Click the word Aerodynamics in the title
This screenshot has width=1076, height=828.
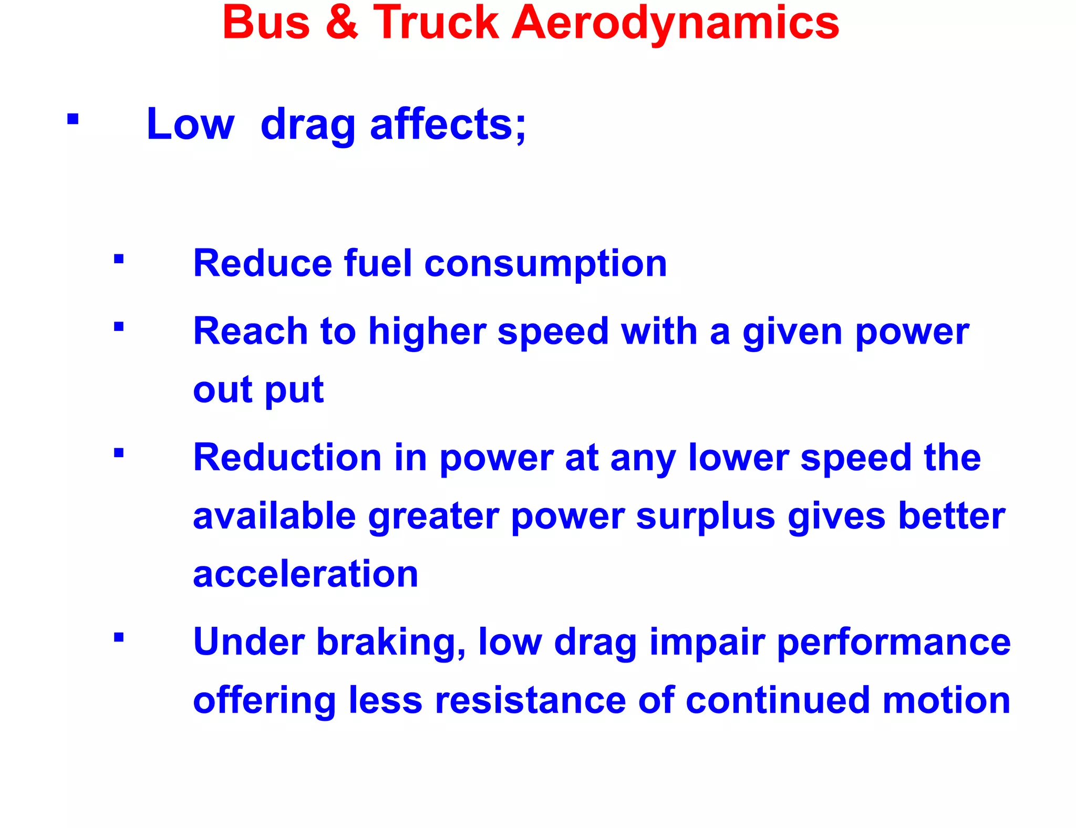[x=676, y=23]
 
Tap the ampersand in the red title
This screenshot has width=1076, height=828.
[x=342, y=23]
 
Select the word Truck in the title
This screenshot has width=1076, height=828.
[x=436, y=23]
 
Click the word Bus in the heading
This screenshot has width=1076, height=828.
[x=266, y=23]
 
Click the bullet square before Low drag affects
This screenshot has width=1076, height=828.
[x=73, y=119]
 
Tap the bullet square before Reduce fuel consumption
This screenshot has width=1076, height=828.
[x=119, y=258]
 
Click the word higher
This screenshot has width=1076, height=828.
[x=427, y=332]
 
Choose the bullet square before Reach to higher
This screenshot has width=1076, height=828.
[x=119, y=327]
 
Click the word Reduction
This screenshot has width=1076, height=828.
[x=287, y=457]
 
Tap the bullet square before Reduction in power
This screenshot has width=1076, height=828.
[x=119, y=453]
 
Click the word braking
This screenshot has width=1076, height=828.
[x=391, y=643]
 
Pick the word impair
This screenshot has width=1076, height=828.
[x=707, y=643]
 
